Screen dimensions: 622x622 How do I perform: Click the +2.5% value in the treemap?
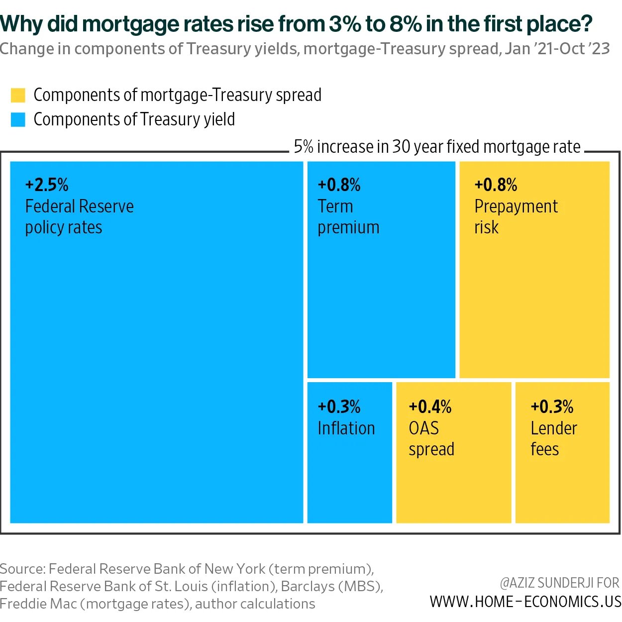(47, 185)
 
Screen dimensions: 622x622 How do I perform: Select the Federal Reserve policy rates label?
(79, 217)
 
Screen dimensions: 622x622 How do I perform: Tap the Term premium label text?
(348, 217)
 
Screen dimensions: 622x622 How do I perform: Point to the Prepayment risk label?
(516, 217)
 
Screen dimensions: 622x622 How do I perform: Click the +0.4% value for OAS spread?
(430, 407)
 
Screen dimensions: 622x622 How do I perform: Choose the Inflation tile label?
(346, 428)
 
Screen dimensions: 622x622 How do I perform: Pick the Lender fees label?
(553, 439)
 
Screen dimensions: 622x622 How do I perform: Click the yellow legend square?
(18, 95)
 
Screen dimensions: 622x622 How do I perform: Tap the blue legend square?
(18, 119)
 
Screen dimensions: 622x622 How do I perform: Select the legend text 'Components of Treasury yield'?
(134, 119)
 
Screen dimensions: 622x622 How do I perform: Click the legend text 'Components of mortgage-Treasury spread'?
(177, 95)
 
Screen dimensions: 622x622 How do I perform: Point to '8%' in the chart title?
(406, 23)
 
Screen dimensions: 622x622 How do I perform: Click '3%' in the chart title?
(345, 23)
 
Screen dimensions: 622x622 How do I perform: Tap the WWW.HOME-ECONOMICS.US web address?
(525, 602)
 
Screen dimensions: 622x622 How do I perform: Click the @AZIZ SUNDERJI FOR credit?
(559, 583)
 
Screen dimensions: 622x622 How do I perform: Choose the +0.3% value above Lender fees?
(552, 407)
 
